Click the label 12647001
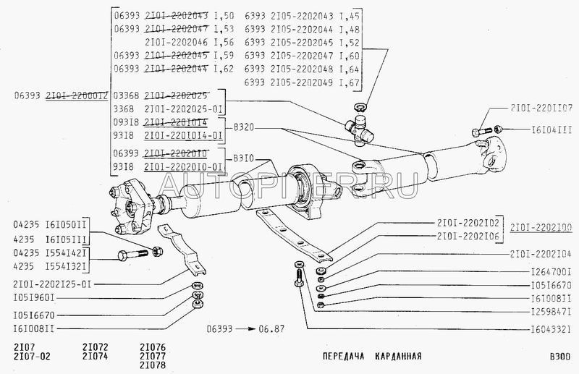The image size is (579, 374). pyautogui.click(x=546, y=271)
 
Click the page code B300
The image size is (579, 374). pyautogui.click(x=559, y=357)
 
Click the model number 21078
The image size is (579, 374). pyautogui.click(x=153, y=365)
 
